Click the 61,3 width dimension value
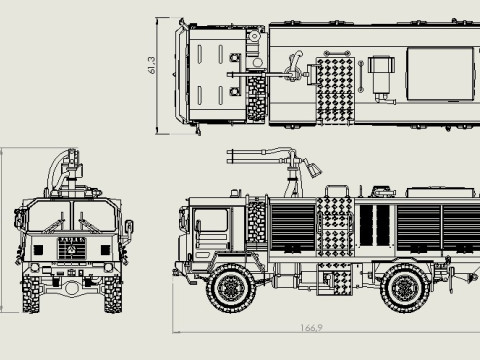point(152,65)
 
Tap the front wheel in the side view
point(231,288)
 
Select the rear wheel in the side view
point(406,288)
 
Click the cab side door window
point(211,229)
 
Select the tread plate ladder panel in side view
point(335,235)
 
